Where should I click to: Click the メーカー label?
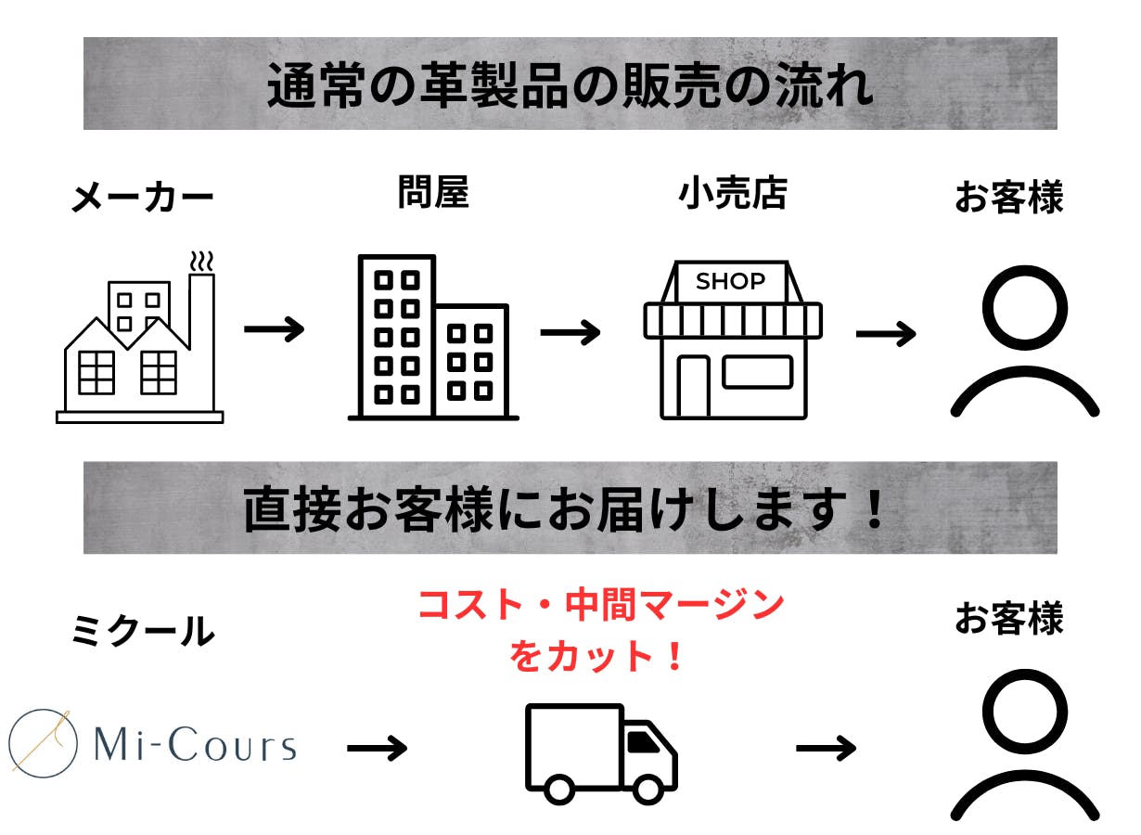[142, 198]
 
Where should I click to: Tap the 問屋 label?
[433, 192]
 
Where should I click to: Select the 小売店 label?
[733, 193]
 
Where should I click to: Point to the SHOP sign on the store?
[731, 281]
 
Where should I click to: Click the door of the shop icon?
[692, 385]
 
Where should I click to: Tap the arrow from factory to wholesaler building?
[274, 329]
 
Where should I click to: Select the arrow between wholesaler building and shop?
[570, 331]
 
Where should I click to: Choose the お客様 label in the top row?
[1008, 198]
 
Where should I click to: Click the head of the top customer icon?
[1024, 308]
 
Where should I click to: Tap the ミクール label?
[142, 632]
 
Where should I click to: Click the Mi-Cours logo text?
[196, 745]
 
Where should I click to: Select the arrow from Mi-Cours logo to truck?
[377, 747]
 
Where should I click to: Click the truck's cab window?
[641, 740]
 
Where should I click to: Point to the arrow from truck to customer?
[826, 747]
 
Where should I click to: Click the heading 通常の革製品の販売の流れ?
[570, 85]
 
